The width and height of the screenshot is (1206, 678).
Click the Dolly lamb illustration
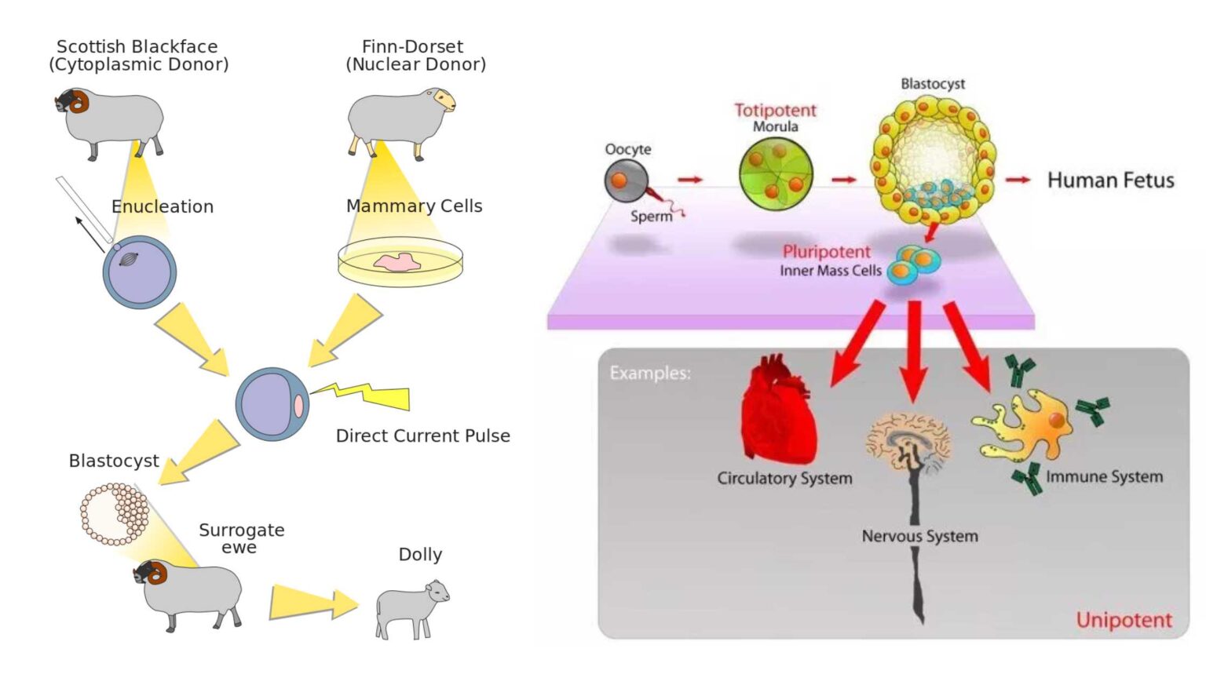(x=411, y=609)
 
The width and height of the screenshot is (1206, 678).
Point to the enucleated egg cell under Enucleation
(x=139, y=272)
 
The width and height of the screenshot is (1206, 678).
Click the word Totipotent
(x=775, y=111)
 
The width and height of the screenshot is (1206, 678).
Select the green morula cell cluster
(x=775, y=173)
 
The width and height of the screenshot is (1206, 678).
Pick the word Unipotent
(x=1124, y=621)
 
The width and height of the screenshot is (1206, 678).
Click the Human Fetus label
(x=1110, y=180)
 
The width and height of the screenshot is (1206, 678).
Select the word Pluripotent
(x=826, y=252)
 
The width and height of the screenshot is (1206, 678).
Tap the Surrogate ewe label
(x=241, y=538)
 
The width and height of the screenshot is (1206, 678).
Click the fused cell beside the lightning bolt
(x=272, y=404)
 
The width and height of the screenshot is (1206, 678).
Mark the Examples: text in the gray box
(x=650, y=373)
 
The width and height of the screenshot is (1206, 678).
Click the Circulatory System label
(x=784, y=478)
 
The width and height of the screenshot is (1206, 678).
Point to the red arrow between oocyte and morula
(x=690, y=180)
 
